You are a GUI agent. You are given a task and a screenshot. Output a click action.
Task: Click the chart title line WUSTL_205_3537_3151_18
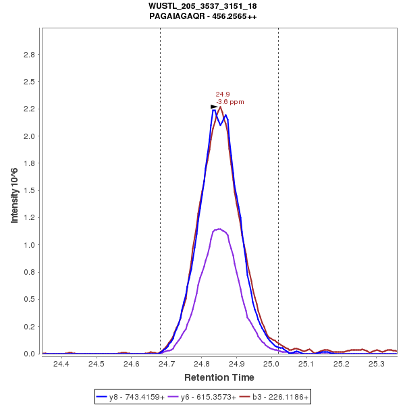tap(202, 6)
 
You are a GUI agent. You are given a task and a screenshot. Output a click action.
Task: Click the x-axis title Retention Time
tap(219, 377)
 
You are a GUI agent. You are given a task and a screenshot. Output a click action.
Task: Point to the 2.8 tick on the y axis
tap(30, 54)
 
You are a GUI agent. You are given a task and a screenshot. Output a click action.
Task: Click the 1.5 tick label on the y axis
tap(30, 190)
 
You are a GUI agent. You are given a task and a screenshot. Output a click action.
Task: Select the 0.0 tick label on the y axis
tap(30, 354)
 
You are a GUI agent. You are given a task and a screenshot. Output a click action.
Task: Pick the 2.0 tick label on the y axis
tap(30, 136)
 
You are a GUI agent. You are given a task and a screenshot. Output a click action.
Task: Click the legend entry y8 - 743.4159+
tap(137, 398)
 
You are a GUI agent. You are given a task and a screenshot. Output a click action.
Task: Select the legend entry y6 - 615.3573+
tap(208, 398)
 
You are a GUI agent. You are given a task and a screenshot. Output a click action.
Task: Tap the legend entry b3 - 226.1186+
tap(278, 398)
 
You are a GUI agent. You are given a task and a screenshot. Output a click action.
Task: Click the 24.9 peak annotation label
tap(222, 94)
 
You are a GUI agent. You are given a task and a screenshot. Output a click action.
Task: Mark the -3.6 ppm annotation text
tap(230, 102)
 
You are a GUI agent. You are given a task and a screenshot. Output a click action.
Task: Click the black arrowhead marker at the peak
tap(214, 107)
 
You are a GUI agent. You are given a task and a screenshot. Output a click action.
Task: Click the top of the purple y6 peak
tap(220, 229)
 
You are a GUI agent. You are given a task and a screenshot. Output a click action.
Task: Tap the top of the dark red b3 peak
tap(221, 107)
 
